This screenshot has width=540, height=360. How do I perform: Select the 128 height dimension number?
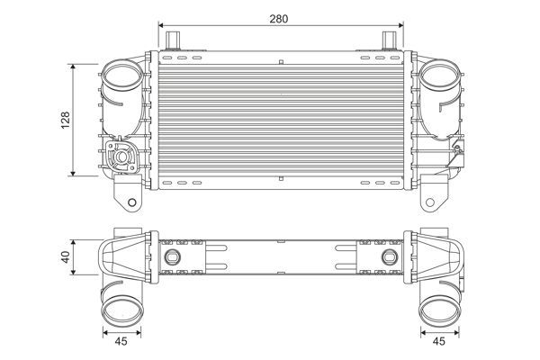[x=66, y=121]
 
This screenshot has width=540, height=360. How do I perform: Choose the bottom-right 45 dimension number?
[x=438, y=342]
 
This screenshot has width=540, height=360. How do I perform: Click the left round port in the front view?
[x=120, y=77]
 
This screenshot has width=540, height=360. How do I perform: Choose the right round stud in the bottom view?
[x=389, y=258]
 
